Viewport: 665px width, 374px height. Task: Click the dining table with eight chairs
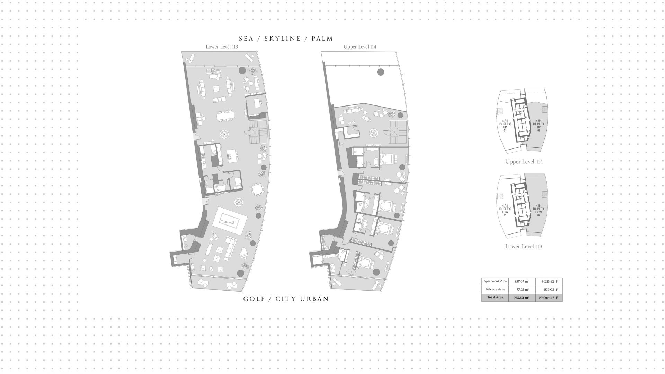225,116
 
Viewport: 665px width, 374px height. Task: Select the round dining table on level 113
257,190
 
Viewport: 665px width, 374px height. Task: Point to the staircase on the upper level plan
395,132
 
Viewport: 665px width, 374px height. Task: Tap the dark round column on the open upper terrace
380,72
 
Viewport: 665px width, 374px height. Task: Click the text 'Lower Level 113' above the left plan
222,46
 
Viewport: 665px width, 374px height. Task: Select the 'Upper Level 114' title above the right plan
360,46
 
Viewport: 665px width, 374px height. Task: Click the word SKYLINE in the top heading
283,39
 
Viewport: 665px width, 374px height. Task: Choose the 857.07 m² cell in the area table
522,282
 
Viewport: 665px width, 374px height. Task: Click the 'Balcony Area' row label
495,289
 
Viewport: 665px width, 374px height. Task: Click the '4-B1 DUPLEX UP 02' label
539,126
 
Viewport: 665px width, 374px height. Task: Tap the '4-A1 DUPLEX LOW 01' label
505,211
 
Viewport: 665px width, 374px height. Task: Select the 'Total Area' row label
495,297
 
